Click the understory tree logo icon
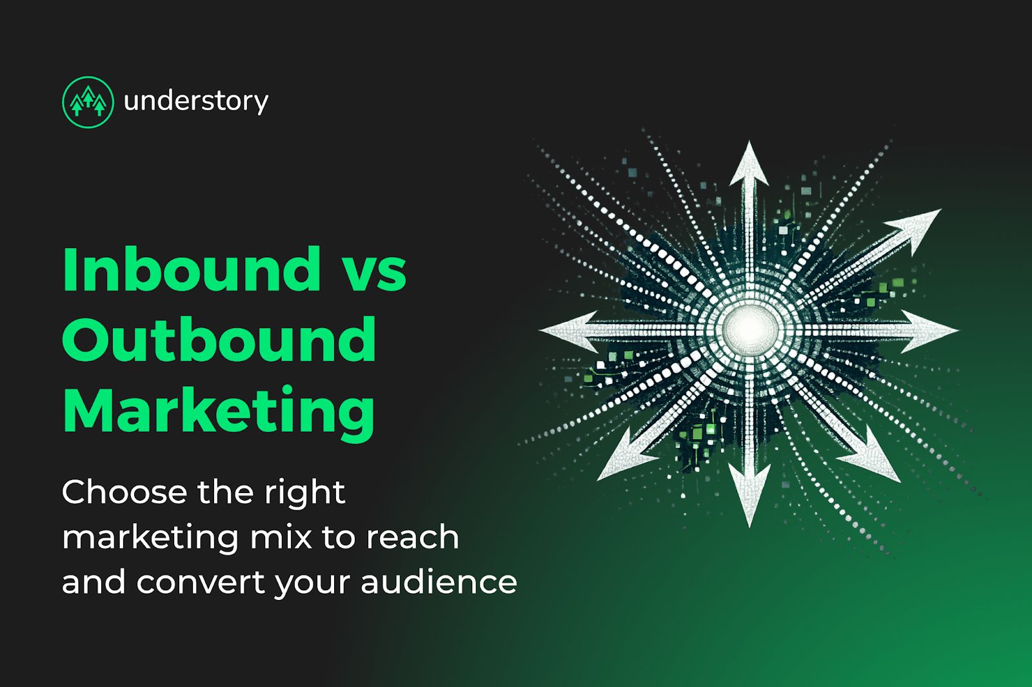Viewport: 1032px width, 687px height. (x=88, y=102)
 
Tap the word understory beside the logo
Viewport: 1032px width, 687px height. (x=195, y=102)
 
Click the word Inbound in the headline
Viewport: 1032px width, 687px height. (x=192, y=269)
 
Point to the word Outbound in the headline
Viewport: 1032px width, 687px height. (x=219, y=340)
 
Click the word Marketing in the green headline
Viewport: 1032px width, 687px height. (x=219, y=412)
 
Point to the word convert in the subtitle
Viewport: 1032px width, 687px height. (x=201, y=582)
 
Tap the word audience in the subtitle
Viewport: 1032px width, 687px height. (x=439, y=582)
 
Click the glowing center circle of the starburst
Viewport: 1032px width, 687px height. (x=748, y=329)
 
